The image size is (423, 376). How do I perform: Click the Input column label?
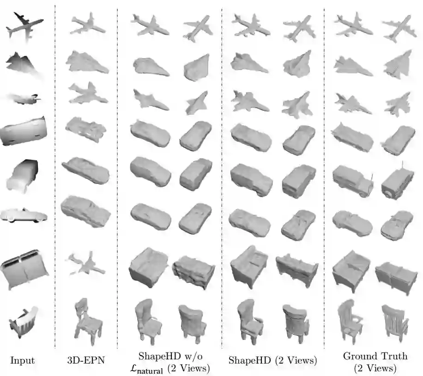pos(22,360)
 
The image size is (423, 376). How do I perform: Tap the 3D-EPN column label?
pos(86,360)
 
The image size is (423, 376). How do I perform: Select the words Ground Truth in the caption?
pos(375,356)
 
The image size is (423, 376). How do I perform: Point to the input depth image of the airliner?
pos(24,26)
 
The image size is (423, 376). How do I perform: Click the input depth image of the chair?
pos(24,322)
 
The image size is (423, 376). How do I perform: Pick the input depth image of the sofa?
pos(25,269)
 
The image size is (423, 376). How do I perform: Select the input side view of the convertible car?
pos(24,215)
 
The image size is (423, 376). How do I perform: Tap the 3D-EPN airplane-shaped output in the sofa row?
pos(85,264)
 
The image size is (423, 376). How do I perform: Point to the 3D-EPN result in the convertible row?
pos(86,211)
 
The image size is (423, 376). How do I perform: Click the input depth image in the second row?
pos(23,66)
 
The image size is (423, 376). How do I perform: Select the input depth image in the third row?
pos(25,99)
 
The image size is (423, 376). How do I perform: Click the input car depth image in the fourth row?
pos(24,131)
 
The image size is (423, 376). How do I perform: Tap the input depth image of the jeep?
pos(22,176)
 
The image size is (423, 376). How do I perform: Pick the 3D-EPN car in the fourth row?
pos(86,129)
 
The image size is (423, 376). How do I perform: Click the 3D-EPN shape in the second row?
pos(87,62)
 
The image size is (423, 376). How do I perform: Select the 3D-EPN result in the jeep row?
pos(86,170)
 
